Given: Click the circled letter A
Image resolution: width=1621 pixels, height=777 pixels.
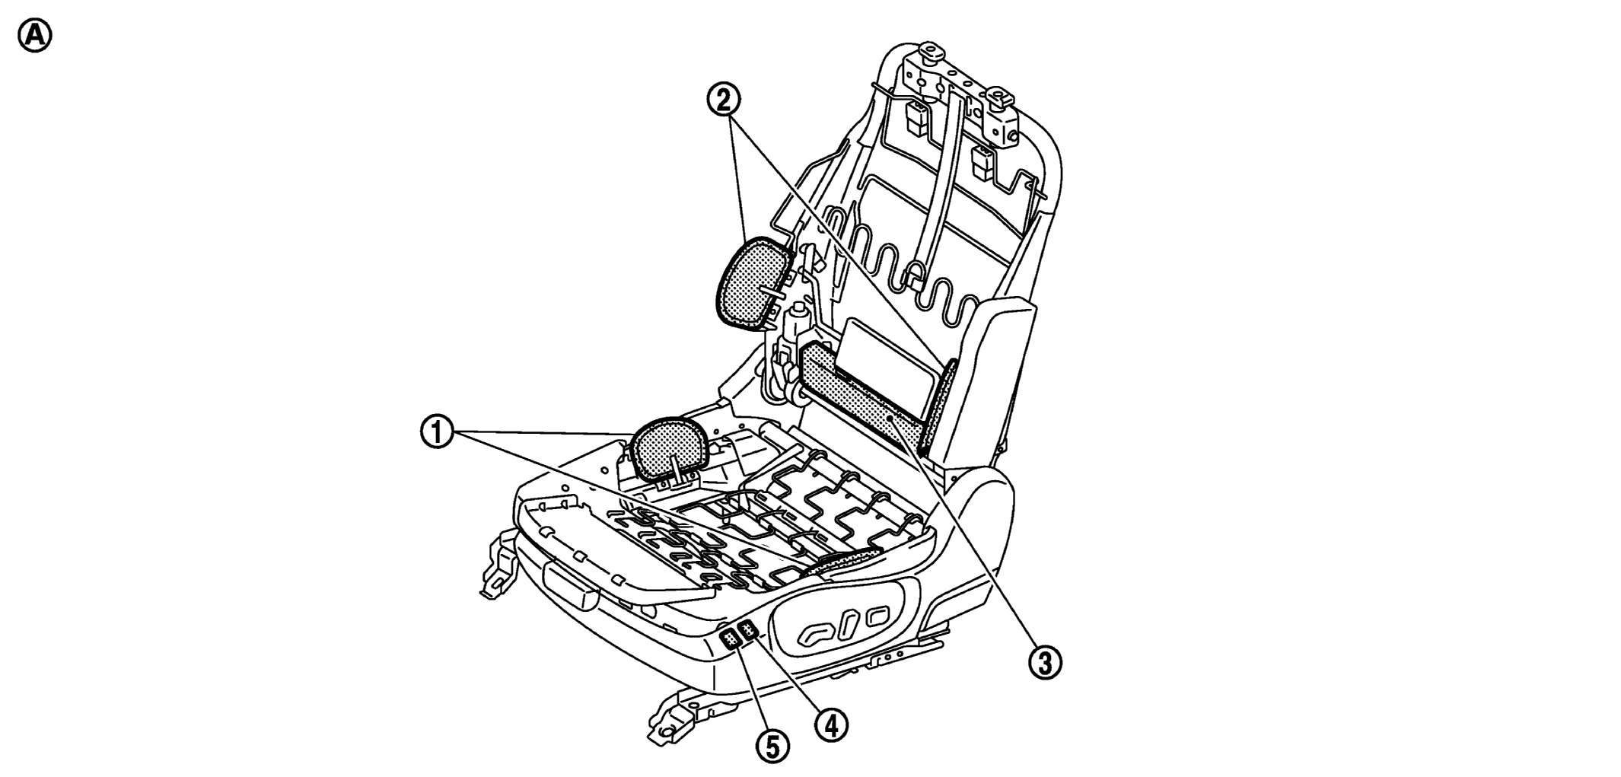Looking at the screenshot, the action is (35, 36).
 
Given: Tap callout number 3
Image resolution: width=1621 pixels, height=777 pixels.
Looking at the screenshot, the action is (1046, 662).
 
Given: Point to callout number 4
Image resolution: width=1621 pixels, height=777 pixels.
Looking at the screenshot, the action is (831, 725).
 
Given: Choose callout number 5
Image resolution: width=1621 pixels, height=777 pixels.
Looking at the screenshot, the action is (772, 746).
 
